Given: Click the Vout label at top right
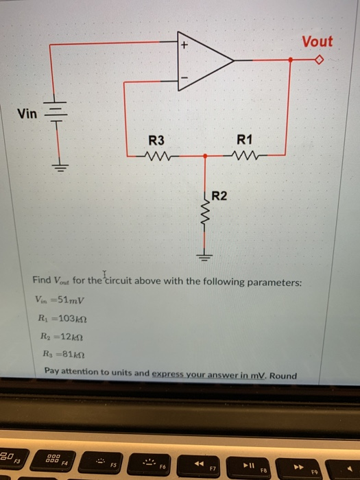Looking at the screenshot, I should tap(317, 42).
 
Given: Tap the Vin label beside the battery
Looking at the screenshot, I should tap(27, 113).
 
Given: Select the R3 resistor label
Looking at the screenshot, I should tap(157, 140).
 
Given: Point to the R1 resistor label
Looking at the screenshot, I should tap(244, 140).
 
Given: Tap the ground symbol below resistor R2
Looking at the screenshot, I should tap(204, 257).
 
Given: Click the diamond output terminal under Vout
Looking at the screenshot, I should tap(317, 60).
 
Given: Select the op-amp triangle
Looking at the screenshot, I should tap(202, 60).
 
